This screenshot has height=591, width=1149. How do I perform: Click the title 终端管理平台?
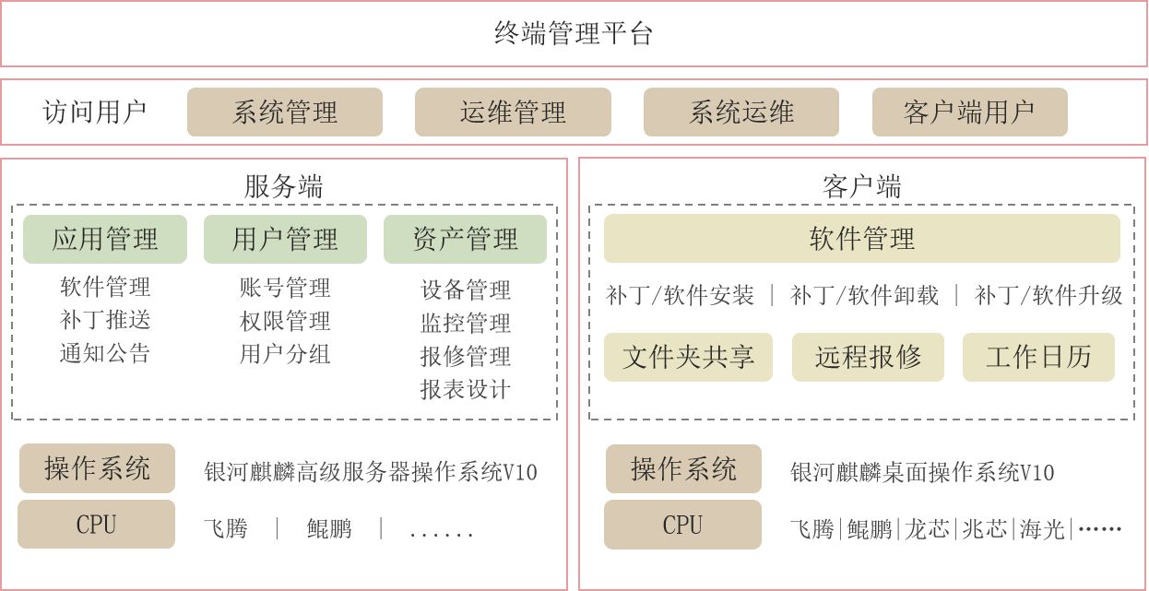point(574,34)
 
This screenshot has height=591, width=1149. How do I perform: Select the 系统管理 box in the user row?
point(285,112)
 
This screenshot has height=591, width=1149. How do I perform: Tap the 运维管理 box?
point(513,112)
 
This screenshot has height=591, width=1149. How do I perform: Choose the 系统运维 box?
point(741,112)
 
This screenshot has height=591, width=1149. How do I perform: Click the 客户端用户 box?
point(969,112)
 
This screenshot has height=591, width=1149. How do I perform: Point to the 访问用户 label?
point(95,112)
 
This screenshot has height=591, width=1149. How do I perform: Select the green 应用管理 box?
point(105,240)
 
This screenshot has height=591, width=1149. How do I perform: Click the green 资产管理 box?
point(465,240)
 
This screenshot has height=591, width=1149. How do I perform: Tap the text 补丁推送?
point(105,320)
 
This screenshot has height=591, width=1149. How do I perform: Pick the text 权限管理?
point(285,321)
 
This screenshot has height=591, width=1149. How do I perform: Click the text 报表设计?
point(465,389)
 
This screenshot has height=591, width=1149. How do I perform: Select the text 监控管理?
point(465,323)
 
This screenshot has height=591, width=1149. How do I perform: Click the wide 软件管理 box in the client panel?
point(861,240)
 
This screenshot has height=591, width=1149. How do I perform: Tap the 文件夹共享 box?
point(688,358)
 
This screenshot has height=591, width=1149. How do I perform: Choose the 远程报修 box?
point(868,358)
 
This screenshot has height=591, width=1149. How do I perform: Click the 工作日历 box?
point(1038,358)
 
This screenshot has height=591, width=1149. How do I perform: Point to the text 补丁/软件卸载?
point(864,295)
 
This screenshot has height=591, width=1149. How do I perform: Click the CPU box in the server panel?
point(96,525)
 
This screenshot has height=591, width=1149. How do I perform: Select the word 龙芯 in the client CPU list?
point(927,529)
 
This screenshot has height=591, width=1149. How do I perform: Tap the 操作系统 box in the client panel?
point(683,469)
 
